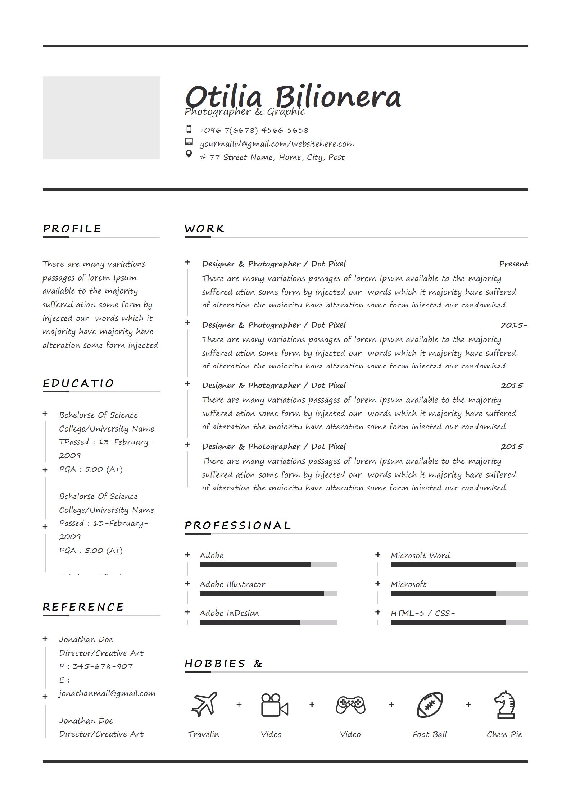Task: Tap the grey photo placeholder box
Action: point(101,118)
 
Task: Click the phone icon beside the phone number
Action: point(189,129)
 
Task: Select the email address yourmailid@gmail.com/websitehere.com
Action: point(277,144)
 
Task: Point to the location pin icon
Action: point(189,154)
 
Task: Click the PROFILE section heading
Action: point(72,229)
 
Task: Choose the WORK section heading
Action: point(204,229)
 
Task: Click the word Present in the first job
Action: point(513,264)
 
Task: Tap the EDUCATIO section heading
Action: point(78,383)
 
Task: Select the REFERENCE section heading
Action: point(83,607)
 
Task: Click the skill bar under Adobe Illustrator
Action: point(268,593)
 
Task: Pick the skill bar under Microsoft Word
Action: point(459,565)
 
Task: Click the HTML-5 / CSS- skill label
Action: point(423,613)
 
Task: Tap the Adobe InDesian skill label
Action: point(229,613)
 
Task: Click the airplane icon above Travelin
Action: point(204,704)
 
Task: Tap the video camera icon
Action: point(274,705)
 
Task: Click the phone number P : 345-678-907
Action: point(96,666)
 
